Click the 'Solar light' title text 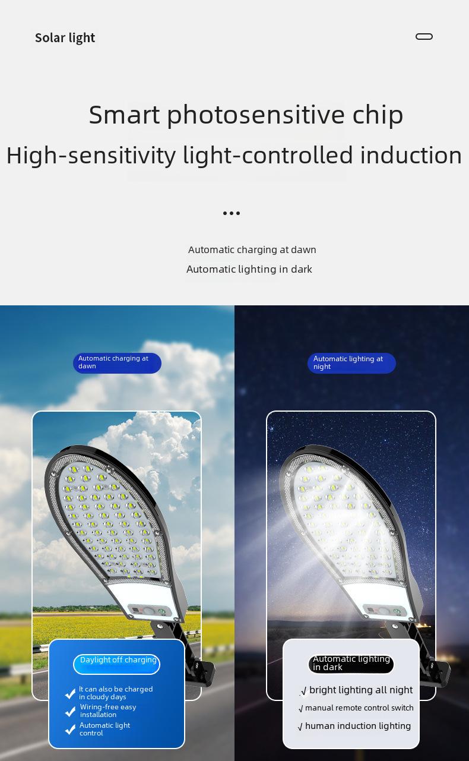pyautogui.click(x=65, y=38)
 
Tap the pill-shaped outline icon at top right pyautogui.click(x=424, y=37)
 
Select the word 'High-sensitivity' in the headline pyautogui.click(x=91, y=156)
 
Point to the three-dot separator pyautogui.click(x=232, y=213)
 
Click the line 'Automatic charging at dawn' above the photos pyautogui.click(x=252, y=250)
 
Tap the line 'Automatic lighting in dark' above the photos pyautogui.click(x=249, y=269)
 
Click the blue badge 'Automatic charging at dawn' pyautogui.click(x=117, y=363)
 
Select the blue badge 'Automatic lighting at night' pyautogui.click(x=351, y=363)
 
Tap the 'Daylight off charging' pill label pyautogui.click(x=116, y=664)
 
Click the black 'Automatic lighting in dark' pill pyautogui.click(x=351, y=664)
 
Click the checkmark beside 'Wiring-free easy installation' pyautogui.click(x=70, y=711)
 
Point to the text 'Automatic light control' pyautogui.click(x=104, y=729)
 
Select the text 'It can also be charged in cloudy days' pyautogui.click(x=116, y=693)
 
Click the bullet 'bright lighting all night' pyautogui.click(x=357, y=690)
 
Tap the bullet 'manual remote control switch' pyautogui.click(x=356, y=708)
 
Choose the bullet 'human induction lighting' pyautogui.click(x=354, y=726)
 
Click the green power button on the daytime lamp pyautogui.click(x=162, y=611)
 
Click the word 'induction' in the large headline pyautogui.click(x=411, y=156)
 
